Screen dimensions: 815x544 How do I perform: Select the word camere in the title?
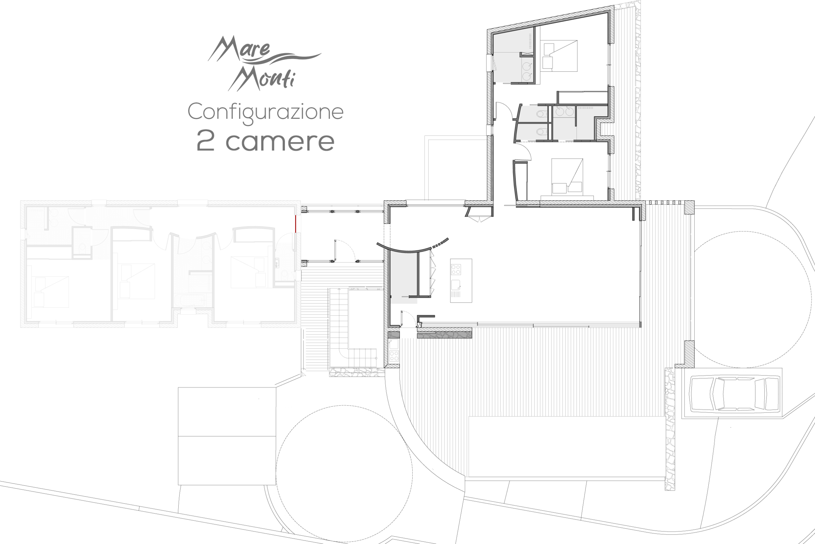[280, 141]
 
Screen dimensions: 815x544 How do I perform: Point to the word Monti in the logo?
[262, 78]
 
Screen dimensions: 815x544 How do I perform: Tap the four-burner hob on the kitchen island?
[456, 269]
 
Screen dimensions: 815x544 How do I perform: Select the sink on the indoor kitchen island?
[456, 285]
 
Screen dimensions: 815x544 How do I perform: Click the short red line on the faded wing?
[295, 224]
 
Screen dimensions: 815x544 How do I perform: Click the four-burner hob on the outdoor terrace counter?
[394, 356]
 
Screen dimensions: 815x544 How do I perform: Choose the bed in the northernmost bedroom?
[558, 56]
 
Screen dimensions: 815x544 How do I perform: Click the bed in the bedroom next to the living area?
[567, 176]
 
